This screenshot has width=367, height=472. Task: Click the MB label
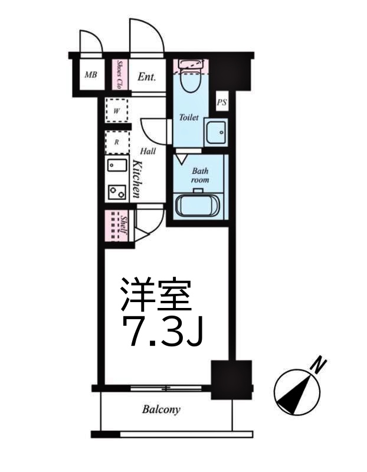coord(90,75)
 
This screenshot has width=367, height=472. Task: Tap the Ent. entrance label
coord(147,76)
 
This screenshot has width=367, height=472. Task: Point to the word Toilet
coord(188,117)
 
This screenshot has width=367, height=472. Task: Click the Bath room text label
coord(198,174)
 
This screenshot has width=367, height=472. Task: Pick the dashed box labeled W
coord(117,110)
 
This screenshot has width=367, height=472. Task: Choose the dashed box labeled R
coord(117,142)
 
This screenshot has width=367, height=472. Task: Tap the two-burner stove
coord(117,191)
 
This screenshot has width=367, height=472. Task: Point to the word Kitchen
coord(137,178)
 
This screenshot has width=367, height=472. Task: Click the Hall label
coord(148,151)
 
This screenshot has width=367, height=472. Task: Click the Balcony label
coord(160,409)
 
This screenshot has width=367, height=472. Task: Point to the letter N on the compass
coord(319,364)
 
